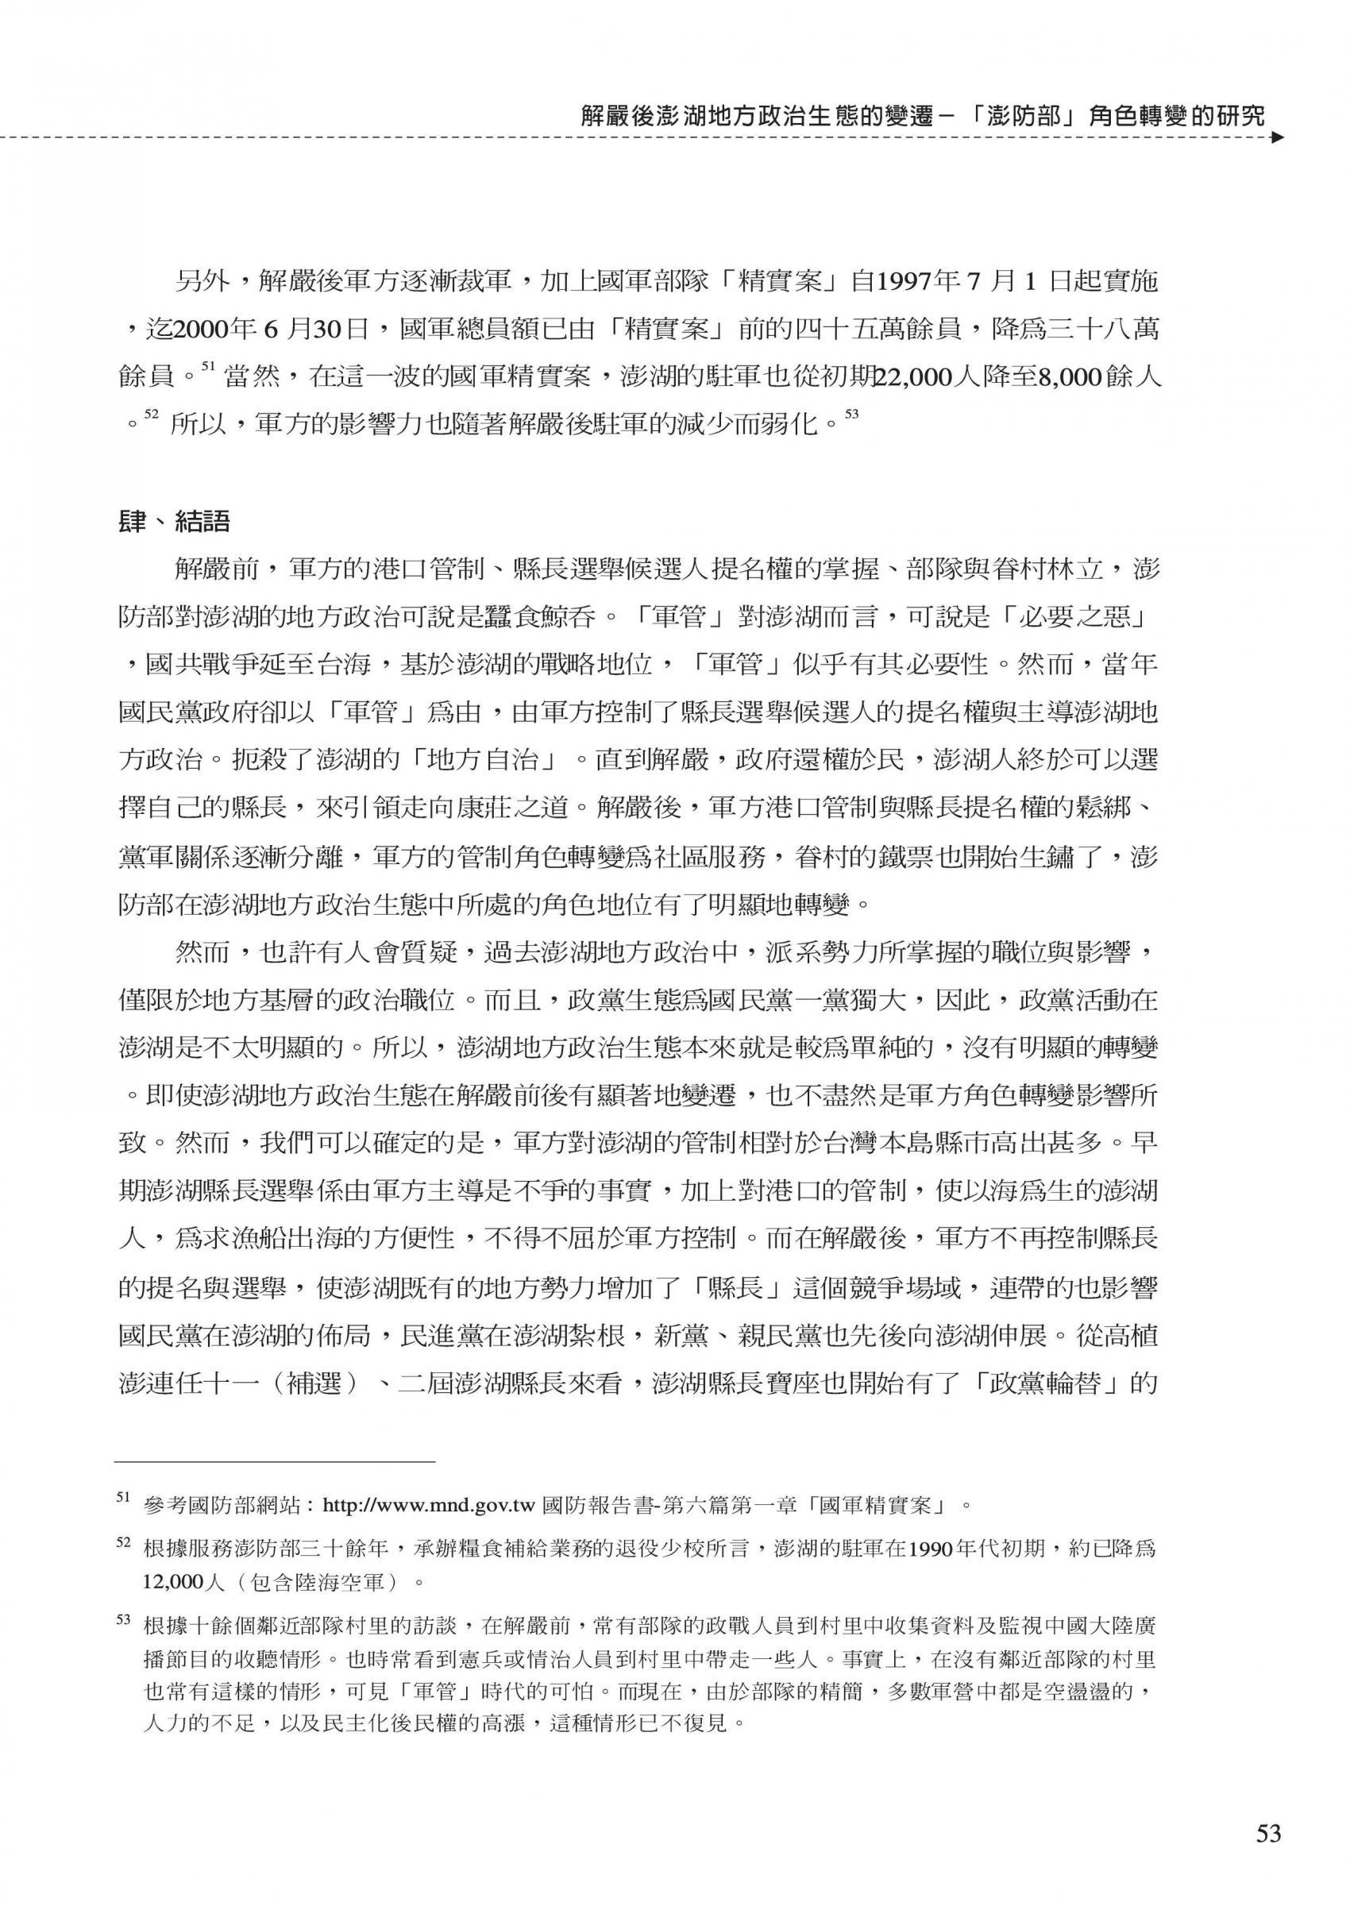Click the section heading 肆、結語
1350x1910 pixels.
[175, 523]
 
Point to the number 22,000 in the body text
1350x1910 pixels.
[912, 379]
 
